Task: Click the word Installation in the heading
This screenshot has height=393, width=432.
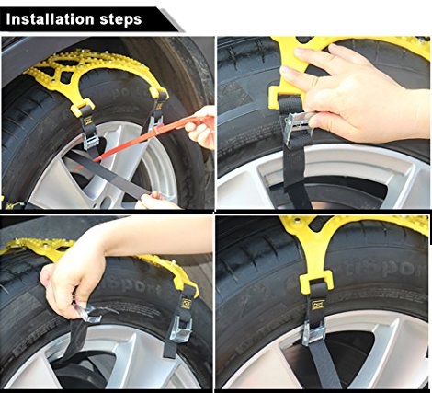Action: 51,19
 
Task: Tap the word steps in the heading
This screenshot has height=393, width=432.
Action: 121,20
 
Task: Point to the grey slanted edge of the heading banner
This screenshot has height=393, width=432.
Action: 172,20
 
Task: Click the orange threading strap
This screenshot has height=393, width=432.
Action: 147,138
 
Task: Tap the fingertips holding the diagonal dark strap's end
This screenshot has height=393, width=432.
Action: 153,200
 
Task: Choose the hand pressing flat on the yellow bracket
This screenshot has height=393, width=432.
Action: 358,92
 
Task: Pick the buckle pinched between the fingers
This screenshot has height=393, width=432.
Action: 88,313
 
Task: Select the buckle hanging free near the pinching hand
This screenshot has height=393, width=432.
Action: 181,329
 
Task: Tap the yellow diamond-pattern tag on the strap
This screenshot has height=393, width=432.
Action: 186,304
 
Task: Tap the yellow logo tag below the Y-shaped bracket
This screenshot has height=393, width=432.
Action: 318,305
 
